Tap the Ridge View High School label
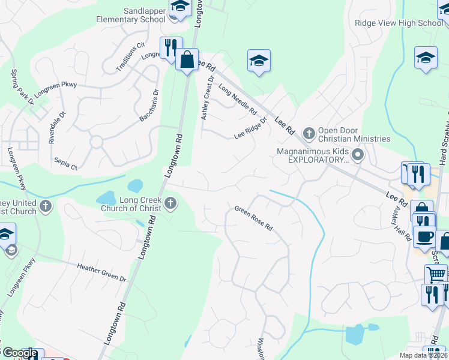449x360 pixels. coord(399,23)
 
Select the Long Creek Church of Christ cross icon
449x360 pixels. coord(171,203)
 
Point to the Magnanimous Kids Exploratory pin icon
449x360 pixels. coord(358,156)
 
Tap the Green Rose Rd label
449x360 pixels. coord(254,218)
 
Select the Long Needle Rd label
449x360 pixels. coord(238,100)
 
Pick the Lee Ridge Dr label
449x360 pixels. coord(250,131)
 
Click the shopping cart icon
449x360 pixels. coord(436,274)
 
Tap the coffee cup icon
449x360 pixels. coord(424,236)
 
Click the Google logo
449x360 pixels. coord(20,353)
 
